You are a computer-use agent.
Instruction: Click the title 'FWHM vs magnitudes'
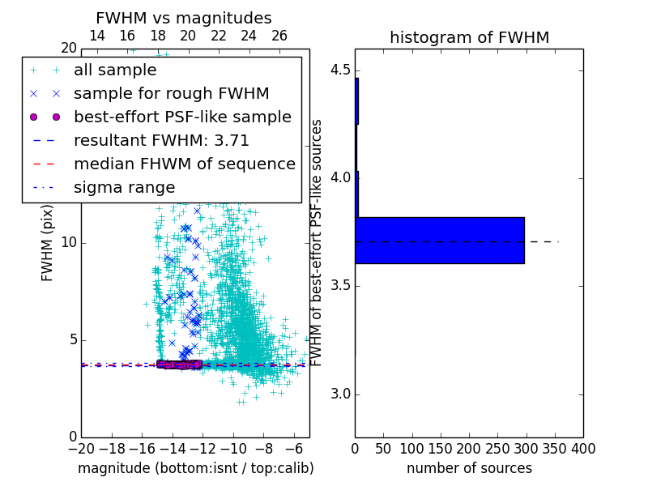pyautogui.click(x=184, y=19)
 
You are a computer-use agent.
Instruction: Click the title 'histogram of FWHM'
pyautogui.click(x=469, y=37)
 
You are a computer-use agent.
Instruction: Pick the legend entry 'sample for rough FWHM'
pyautogui.click(x=171, y=93)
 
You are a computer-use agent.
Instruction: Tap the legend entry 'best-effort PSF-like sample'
pyautogui.click(x=182, y=117)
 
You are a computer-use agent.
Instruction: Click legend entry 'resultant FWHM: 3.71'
pyautogui.click(x=161, y=140)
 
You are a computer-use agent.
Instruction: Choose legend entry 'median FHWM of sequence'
pyautogui.click(x=184, y=164)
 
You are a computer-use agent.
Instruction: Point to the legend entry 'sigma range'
pyautogui.click(x=124, y=187)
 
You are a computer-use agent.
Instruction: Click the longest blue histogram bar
pyautogui.click(x=440, y=241)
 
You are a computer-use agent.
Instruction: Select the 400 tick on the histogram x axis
pyautogui.click(x=583, y=449)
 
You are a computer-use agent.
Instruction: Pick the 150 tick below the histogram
pyautogui.click(x=441, y=449)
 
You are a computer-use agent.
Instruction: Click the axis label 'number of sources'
pyautogui.click(x=469, y=468)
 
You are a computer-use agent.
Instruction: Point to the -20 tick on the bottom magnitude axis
pyautogui.click(x=81, y=449)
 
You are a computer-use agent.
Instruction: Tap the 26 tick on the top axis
pyautogui.click(x=279, y=36)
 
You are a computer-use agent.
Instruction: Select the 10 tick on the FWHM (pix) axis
pyautogui.click(x=69, y=242)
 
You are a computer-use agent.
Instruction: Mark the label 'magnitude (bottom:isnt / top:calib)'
pyautogui.click(x=195, y=468)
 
